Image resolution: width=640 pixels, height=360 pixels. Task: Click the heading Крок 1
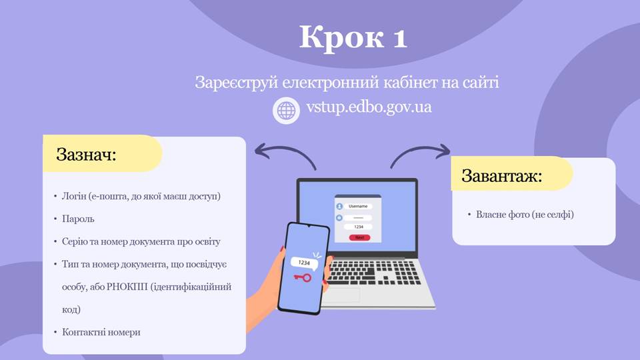(353, 37)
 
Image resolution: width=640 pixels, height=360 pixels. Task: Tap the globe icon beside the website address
(286, 110)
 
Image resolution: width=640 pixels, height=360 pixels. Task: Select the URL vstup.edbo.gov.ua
(369, 107)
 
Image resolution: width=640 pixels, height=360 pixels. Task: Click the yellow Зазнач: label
(103, 153)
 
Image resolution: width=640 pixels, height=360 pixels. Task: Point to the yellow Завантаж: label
(512, 174)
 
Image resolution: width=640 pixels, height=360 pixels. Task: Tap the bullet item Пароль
(78, 219)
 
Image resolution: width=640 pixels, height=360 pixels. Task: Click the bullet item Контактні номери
(101, 332)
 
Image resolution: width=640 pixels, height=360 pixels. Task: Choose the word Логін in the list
(74, 196)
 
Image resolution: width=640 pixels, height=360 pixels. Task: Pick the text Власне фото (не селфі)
(525, 214)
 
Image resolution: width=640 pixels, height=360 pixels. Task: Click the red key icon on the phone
(303, 278)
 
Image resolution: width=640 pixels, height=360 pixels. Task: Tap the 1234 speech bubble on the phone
(305, 263)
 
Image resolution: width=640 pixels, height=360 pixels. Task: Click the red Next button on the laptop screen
(359, 237)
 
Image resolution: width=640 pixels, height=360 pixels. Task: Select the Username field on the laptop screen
(358, 206)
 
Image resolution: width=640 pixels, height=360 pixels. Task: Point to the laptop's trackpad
(341, 295)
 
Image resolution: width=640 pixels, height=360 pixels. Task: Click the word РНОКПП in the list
(127, 287)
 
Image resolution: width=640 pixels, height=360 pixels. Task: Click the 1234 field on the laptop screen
(358, 227)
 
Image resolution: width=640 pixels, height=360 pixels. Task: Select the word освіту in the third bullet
(207, 241)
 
